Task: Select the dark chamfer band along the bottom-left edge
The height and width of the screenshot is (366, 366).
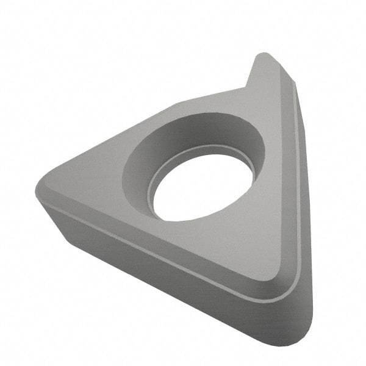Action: (152, 241)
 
